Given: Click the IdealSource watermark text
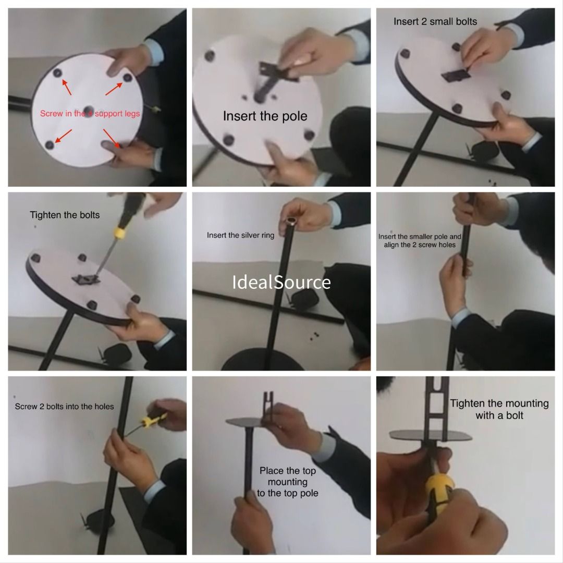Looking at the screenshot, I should [x=281, y=282].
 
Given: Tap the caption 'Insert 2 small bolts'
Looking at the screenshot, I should [x=435, y=21].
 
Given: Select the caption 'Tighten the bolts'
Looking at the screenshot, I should [x=65, y=215].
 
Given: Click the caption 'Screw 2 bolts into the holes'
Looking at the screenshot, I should [x=64, y=406].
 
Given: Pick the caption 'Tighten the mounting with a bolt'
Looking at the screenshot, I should [x=499, y=409].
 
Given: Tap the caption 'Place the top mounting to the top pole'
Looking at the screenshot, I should [x=287, y=482].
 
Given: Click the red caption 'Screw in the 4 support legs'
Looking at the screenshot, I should [x=90, y=113].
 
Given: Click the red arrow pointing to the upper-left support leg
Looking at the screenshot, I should [x=67, y=87].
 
